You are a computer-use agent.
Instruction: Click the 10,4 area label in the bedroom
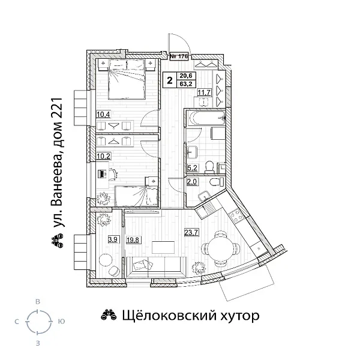tap(103, 114)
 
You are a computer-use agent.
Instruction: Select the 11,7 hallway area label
tap(204, 92)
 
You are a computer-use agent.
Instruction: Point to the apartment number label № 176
tap(179, 57)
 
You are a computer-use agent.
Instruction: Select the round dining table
tap(215, 247)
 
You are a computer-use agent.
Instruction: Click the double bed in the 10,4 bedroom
tap(127, 83)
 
